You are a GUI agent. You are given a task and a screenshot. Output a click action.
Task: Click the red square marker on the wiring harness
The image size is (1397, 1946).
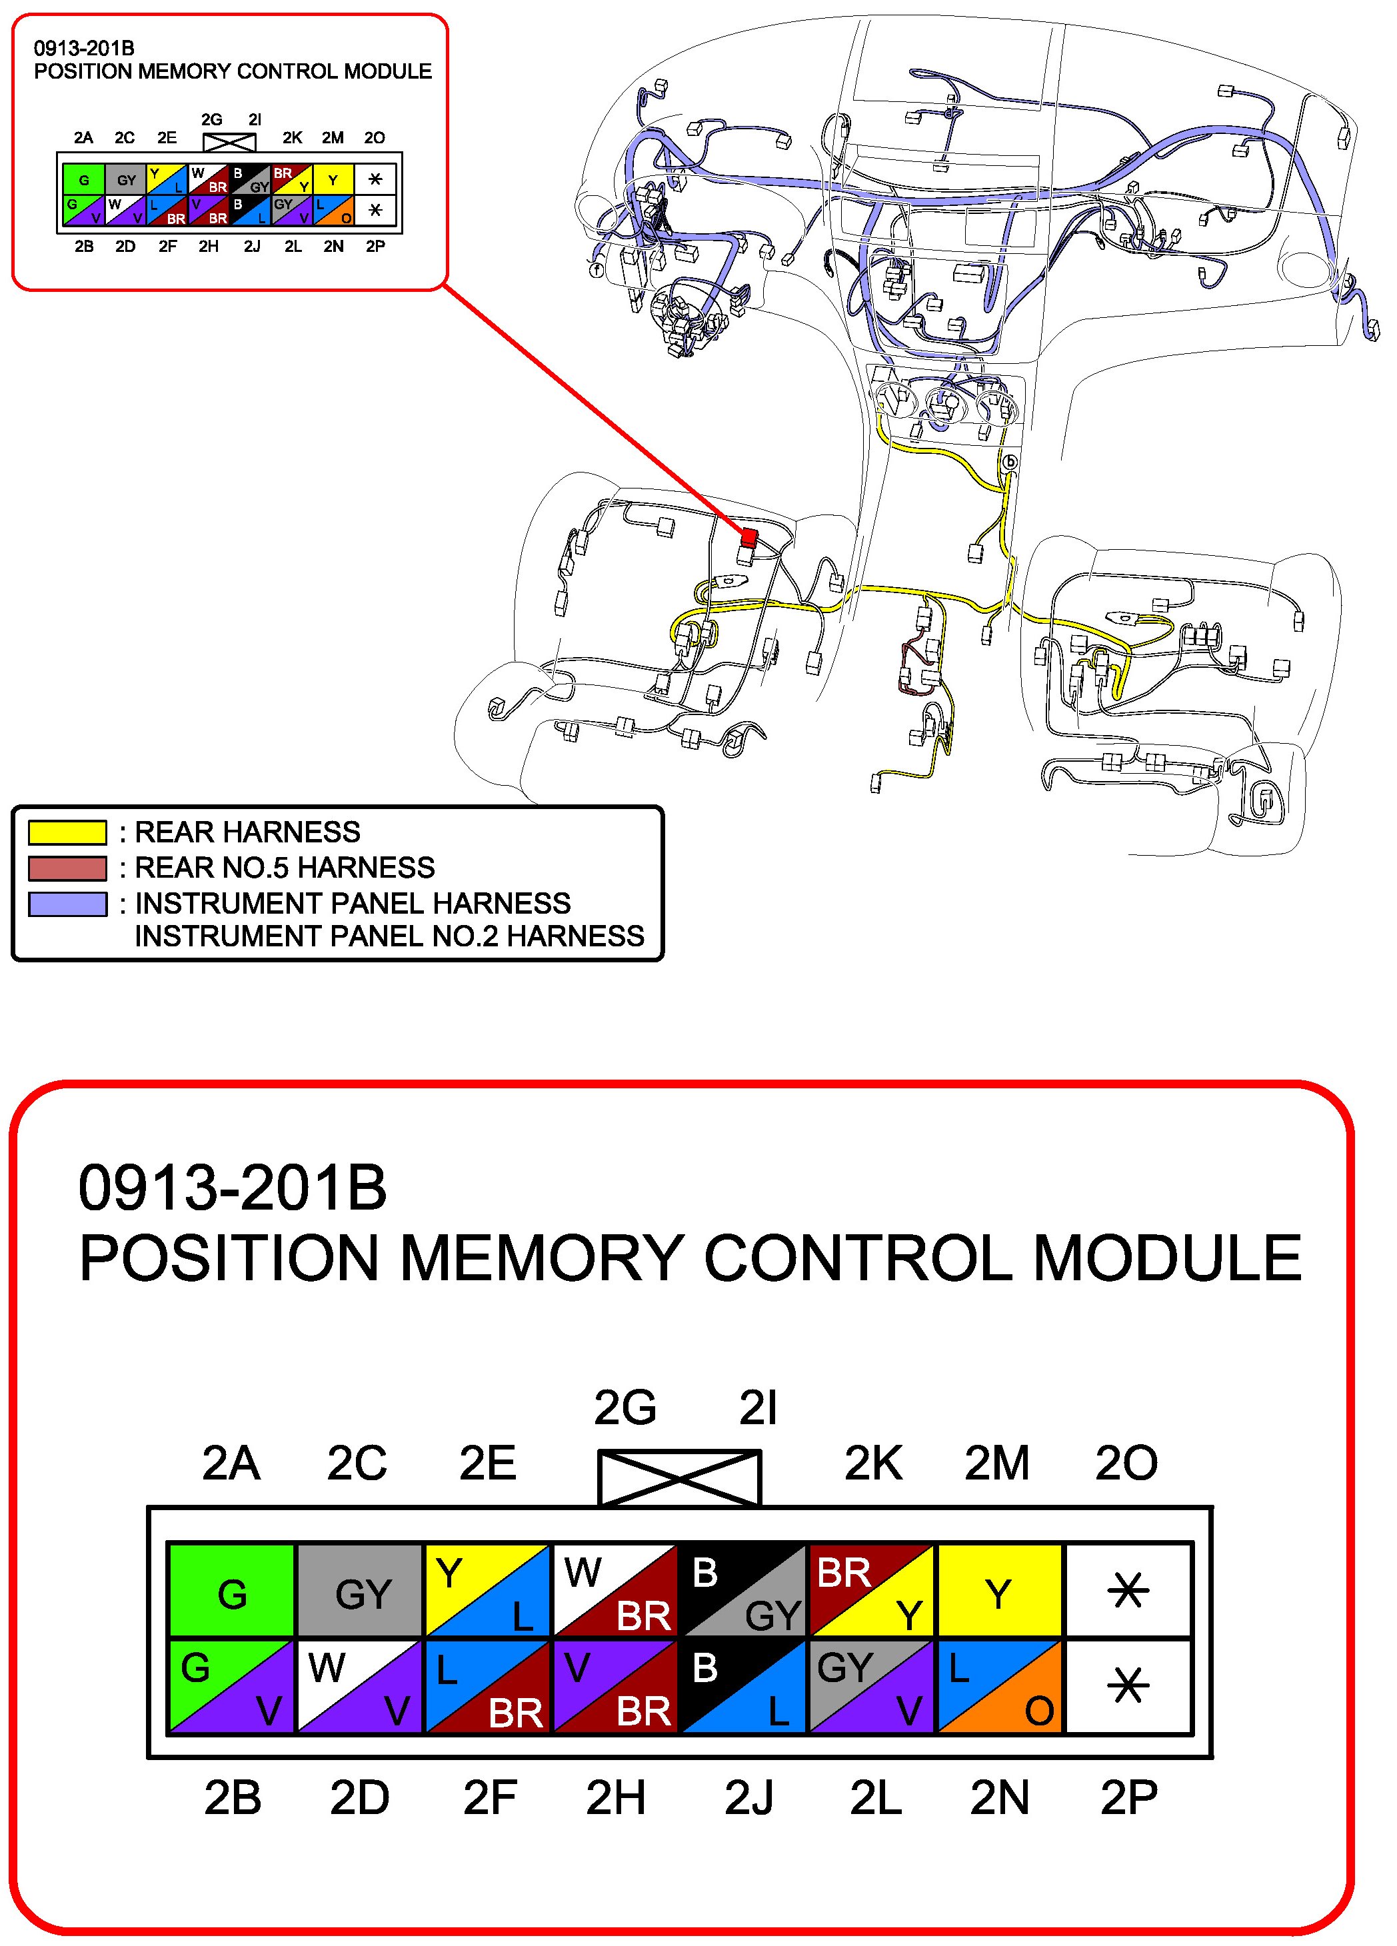749,537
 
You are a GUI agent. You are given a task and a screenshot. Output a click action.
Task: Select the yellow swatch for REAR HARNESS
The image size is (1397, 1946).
67,832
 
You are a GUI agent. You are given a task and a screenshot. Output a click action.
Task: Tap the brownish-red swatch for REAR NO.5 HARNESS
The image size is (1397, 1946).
67,868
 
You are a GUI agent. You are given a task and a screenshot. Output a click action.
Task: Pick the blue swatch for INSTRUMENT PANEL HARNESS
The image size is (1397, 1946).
67,904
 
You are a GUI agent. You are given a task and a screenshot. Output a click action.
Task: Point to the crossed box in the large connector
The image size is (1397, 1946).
679,1477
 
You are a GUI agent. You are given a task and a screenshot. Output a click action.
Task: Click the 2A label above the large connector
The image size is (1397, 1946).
231,1463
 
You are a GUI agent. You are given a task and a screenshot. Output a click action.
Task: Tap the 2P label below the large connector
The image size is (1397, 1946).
1128,1797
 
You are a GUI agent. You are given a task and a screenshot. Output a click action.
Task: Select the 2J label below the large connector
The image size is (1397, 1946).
748,1797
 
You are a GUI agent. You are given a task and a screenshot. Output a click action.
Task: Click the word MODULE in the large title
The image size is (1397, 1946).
1167,1259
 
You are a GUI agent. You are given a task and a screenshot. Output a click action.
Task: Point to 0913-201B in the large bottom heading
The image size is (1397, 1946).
232,1188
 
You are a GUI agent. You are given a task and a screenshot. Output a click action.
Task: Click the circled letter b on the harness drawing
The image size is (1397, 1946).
1010,463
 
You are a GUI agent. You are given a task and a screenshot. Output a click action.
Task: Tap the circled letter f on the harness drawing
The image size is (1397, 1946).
597,269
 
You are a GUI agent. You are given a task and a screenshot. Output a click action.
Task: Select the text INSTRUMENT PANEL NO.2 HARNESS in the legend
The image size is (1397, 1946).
389,936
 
